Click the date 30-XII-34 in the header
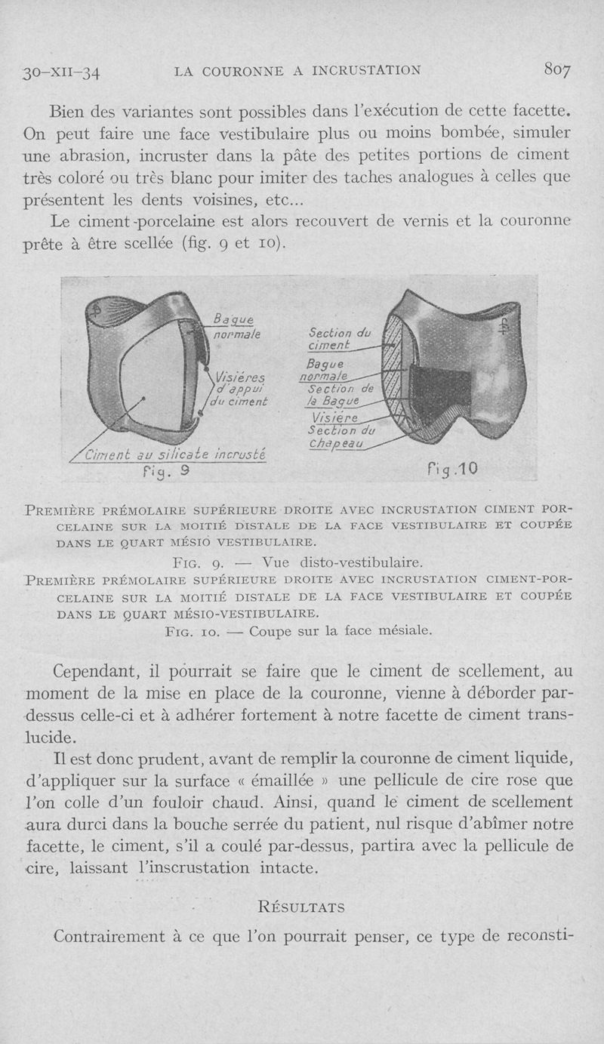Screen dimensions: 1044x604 [63, 73]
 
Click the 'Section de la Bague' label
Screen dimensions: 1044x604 [341, 396]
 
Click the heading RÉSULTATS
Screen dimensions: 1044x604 [301, 906]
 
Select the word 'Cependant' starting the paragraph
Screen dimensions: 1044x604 [95, 670]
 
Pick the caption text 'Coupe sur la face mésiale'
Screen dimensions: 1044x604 [341, 630]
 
